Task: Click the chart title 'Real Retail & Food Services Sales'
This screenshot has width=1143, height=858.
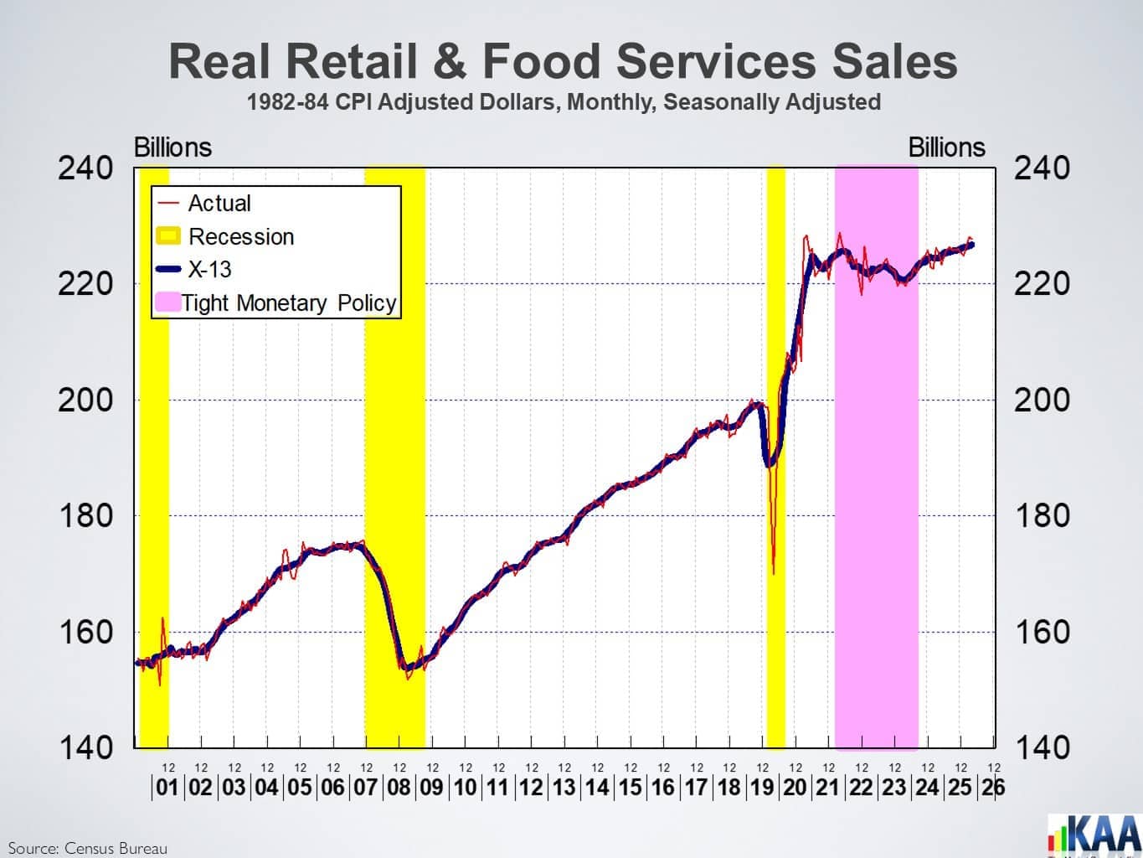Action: pos(563,61)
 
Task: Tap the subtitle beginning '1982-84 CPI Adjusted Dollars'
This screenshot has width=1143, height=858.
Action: pos(564,102)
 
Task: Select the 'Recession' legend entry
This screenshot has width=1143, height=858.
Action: pos(225,236)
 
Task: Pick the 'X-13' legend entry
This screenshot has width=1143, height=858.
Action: pos(193,269)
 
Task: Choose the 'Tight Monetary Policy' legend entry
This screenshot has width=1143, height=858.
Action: pos(276,302)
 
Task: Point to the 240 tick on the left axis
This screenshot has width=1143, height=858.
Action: pos(85,168)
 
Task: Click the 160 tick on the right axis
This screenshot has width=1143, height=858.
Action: pos(1042,632)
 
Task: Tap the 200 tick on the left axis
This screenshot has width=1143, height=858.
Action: pos(85,400)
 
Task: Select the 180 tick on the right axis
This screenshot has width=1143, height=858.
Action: pos(1042,516)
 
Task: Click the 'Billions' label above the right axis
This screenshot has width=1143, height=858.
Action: pos(947,147)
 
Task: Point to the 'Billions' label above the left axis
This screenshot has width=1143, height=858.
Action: pos(172,147)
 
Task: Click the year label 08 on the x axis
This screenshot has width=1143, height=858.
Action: pos(399,787)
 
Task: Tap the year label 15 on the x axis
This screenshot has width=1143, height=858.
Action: pos(630,787)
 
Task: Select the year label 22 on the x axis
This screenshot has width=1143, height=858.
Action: pos(862,787)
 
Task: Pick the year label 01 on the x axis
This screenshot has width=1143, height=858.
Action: pos(167,787)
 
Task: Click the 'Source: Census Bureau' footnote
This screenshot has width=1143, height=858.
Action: pos(87,848)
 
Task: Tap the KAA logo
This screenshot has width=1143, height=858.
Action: pos(1094,836)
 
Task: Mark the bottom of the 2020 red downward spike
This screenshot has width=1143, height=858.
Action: pos(774,574)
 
